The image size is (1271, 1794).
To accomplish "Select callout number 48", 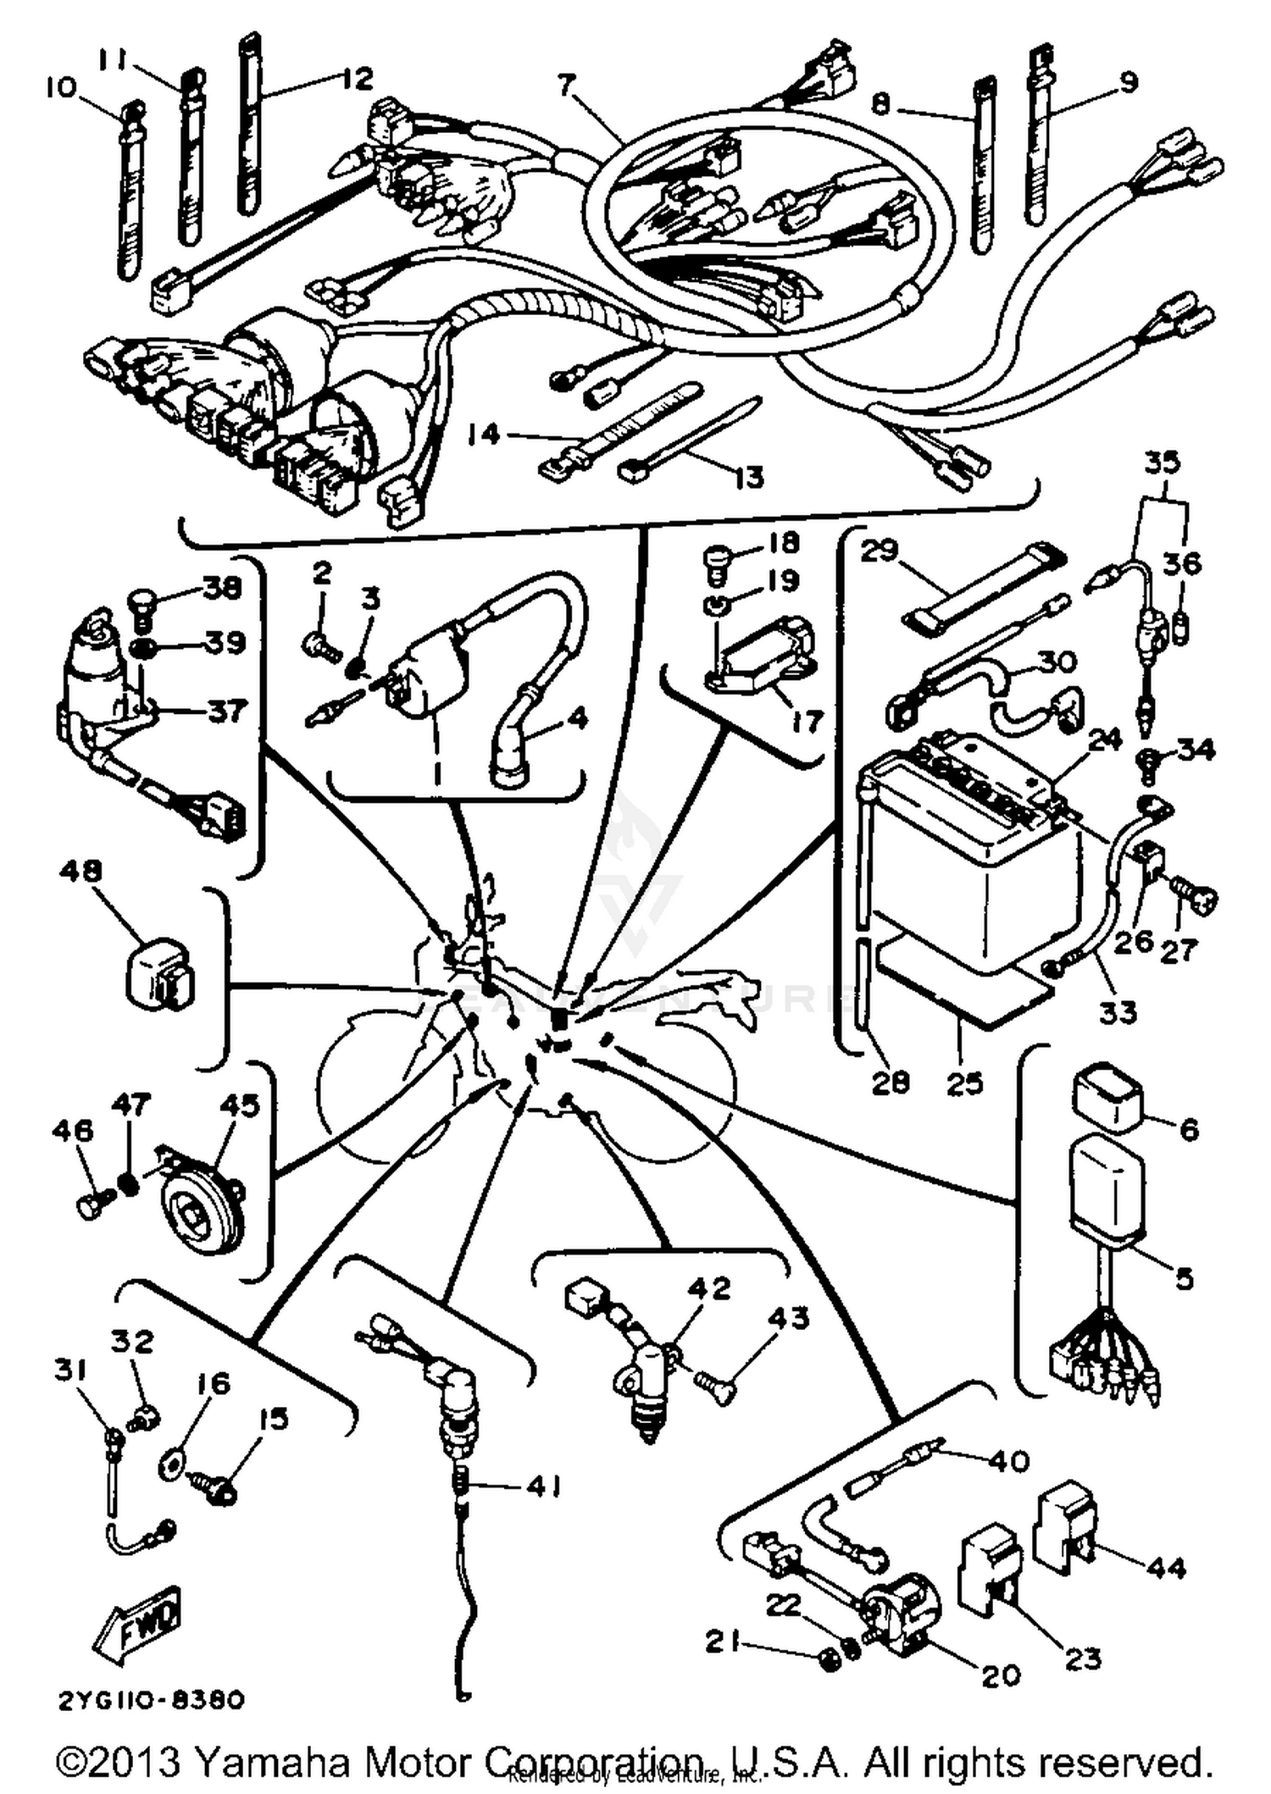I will pos(80,871).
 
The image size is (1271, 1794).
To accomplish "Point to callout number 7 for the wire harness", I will pos(566,86).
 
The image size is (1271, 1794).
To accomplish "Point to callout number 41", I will pos(543,1487).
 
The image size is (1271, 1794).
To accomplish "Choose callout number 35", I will pos(1162,462).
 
